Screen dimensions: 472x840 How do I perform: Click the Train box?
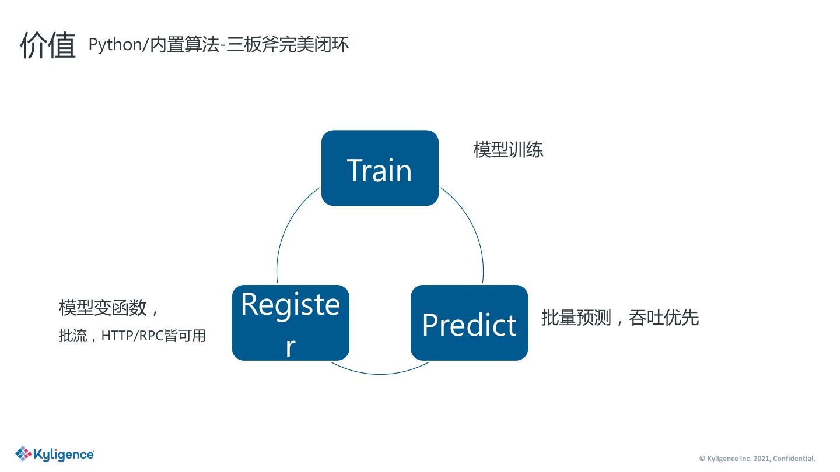[380, 168]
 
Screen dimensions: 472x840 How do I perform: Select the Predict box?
[469, 323]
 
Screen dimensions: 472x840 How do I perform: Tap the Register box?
[290, 322]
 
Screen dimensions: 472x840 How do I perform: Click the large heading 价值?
[48, 45]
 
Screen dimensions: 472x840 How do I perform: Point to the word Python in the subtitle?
[114, 45]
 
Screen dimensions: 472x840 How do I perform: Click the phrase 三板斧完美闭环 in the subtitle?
[288, 45]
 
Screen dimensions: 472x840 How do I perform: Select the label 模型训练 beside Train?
[508, 150]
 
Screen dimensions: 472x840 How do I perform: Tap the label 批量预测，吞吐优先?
[619, 318]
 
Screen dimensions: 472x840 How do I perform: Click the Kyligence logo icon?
[23, 453]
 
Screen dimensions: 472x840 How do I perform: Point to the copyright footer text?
[757, 459]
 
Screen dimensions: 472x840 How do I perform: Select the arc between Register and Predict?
[380, 374]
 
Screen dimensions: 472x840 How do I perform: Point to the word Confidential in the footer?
[794, 459]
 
